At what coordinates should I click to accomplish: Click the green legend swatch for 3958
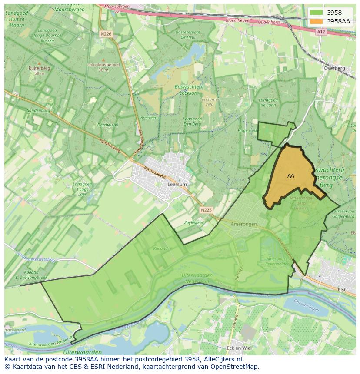coord(317,13)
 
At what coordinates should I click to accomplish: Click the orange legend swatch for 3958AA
coord(317,21)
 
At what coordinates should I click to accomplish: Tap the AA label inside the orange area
coord(291,176)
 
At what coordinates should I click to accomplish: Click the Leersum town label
coord(177,184)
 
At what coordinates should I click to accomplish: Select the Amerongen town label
coord(244,224)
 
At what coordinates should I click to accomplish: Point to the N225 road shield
coord(207,210)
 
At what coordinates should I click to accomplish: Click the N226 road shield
coord(106,33)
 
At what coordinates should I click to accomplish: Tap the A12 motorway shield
coord(321,32)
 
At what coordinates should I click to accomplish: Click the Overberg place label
coord(334,68)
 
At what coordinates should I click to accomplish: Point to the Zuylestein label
coord(194,222)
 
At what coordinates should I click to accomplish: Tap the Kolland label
coord(160,248)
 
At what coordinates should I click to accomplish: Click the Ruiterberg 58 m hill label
coord(39,71)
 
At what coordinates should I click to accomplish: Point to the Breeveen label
coord(149,118)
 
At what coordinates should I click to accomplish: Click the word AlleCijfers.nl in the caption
coord(223,360)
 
